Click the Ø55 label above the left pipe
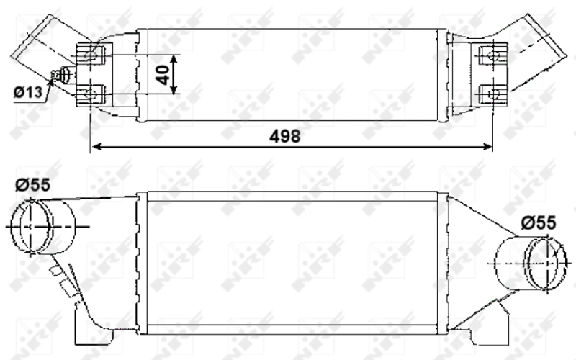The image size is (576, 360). click(32, 185)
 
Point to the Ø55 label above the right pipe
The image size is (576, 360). click(539, 223)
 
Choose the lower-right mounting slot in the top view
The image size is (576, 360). click(492, 92)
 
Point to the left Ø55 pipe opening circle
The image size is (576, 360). click(32, 225)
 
